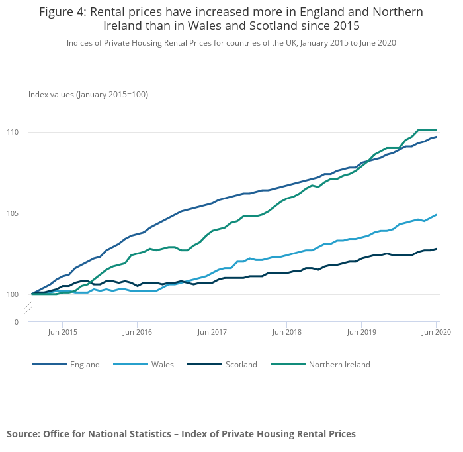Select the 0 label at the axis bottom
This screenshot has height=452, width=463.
pyautogui.click(x=17, y=322)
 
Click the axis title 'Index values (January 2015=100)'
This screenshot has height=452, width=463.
pyautogui.click(x=88, y=95)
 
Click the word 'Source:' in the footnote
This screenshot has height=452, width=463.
pyautogui.click(x=23, y=434)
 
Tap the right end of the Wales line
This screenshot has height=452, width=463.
pyautogui.click(x=436, y=215)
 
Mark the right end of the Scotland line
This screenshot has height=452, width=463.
pyautogui.click(x=436, y=249)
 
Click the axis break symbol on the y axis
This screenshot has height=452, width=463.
pyautogui.click(x=28, y=309)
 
